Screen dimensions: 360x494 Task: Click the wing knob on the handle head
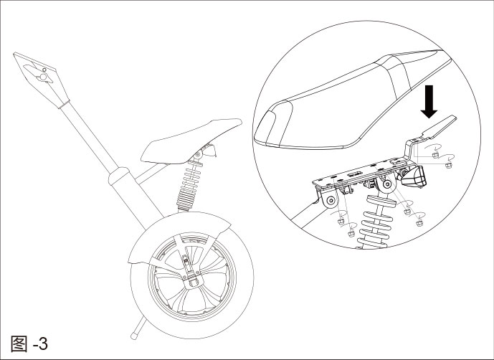tap(44, 75)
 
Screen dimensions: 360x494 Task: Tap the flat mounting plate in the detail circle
tap(355, 175)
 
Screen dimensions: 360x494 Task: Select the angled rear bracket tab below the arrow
tap(439, 128)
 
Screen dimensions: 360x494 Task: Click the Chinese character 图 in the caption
tap(21, 343)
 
